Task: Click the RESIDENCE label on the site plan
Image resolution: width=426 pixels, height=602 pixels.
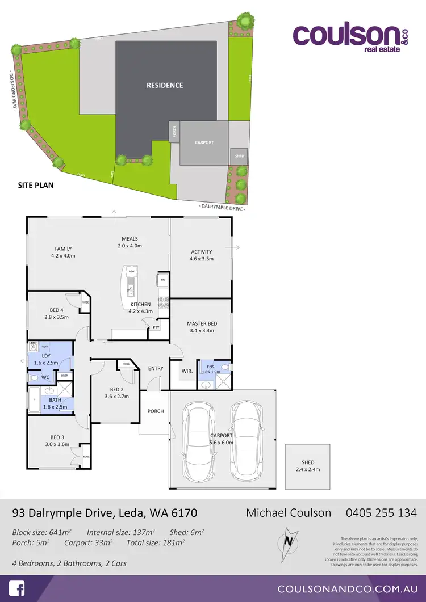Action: coord(165,86)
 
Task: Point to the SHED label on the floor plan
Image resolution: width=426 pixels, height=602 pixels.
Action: coord(308,462)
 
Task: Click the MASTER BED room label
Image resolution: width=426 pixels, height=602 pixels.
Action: coord(202,323)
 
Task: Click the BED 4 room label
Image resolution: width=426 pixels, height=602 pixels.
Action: coord(56,310)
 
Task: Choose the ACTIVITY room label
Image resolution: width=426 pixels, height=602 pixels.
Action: coord(202,252)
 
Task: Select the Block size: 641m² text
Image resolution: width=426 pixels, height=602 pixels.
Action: coord(41,533)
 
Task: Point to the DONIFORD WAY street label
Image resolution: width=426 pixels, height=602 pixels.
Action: coord(11,91)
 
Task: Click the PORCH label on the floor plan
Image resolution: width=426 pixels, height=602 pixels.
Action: coord(156,411)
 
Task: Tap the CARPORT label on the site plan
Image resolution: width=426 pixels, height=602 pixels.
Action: coord(204,142)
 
